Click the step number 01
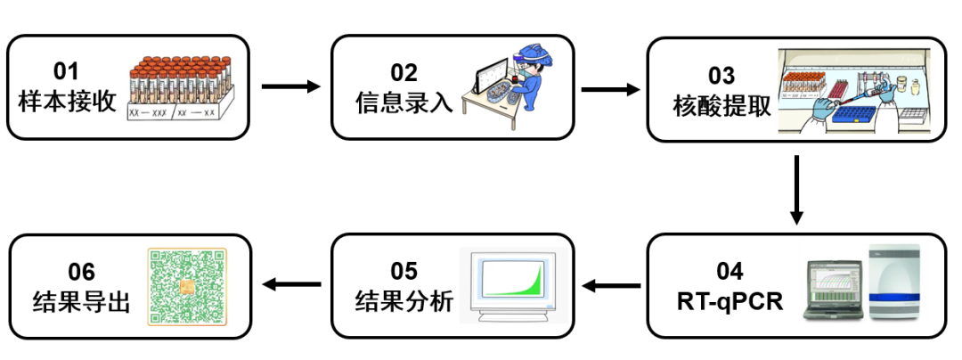click(x=67, y=71)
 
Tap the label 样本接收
click(x=67, y=101)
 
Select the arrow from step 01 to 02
click(x=290, y=87)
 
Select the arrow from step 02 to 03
click(x=610, y=89)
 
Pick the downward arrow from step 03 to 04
click(x=797, y=190)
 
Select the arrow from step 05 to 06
click(x=290, y=285)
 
